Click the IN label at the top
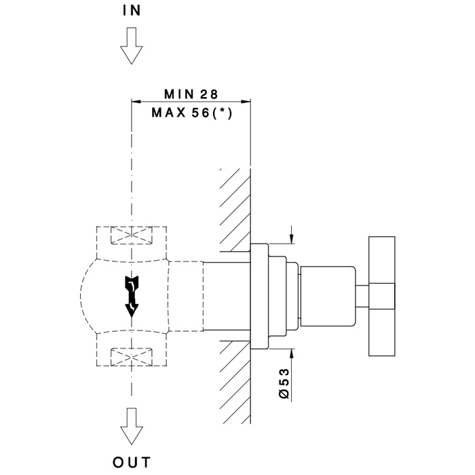tap(132, 11)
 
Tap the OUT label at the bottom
tap(132, 462)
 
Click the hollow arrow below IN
tap(132, 45)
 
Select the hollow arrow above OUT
tap(132, 426)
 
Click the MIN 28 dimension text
tap(191, 94)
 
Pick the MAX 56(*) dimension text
tap(192, 113)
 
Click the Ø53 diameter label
tap(284, 383)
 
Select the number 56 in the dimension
tap(201, 113)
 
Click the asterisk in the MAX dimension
tap(223, 111)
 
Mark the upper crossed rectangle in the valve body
tap(132, 235)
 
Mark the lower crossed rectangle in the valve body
tap(132, 357)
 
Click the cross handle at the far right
tap(381, 296)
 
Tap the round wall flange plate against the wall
tap(259, 296)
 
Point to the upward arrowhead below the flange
tap(291, 354)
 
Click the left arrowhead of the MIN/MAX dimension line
tap(136, 102)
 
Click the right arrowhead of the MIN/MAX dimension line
tap(246, 102)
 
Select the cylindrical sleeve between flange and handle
tap(328, 297)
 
